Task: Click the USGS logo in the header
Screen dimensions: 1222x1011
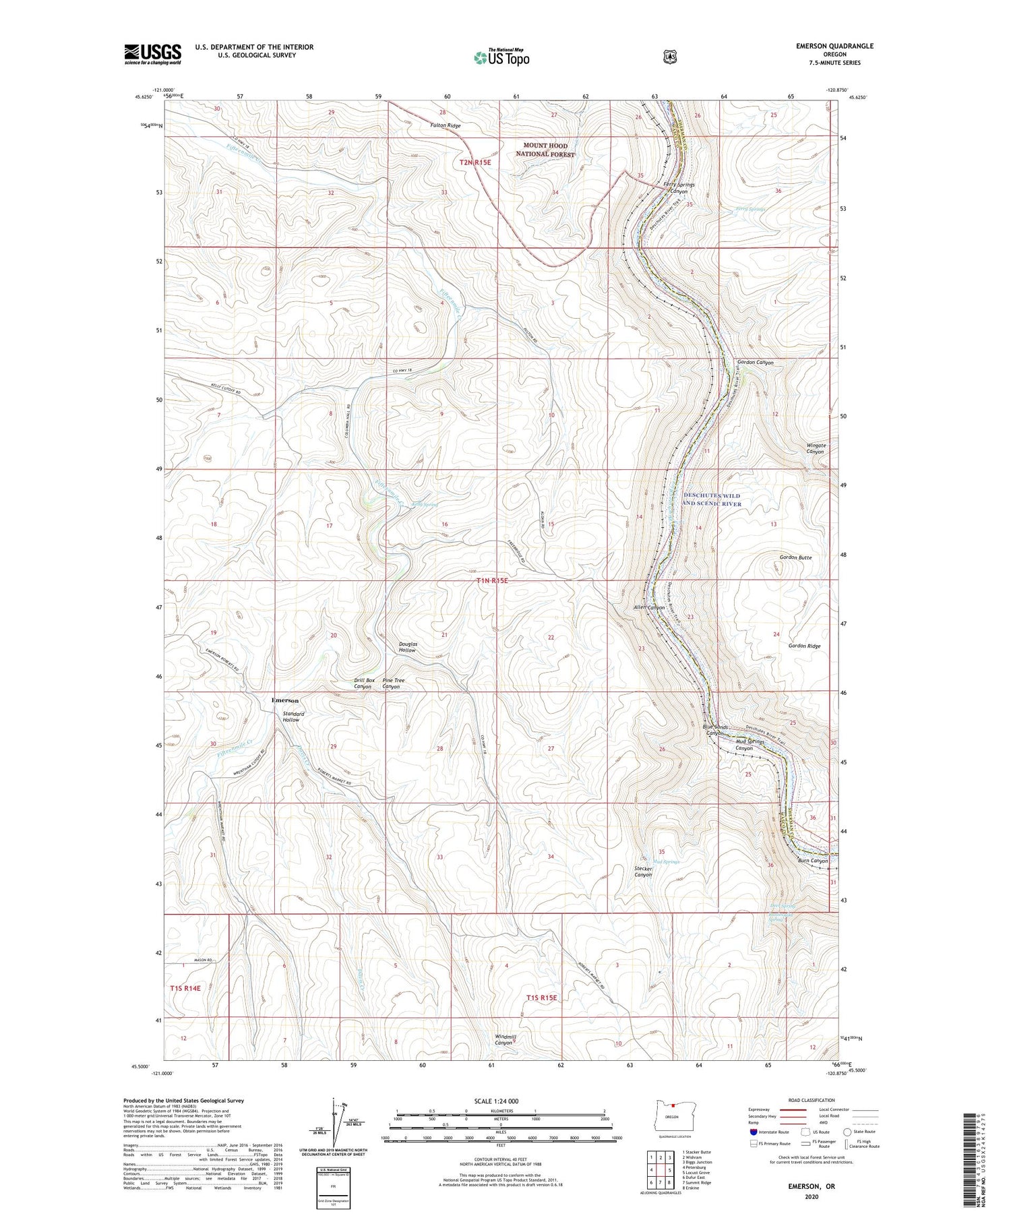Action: [152, 53]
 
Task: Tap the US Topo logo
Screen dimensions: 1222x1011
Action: [501, 57]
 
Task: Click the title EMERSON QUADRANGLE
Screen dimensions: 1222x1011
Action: [834, 46]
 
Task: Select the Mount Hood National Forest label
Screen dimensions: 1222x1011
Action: [545, 150]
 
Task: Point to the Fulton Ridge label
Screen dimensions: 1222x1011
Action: [446, 126]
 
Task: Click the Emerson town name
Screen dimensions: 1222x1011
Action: [284, 700]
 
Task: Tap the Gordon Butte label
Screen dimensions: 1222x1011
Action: [795, 557]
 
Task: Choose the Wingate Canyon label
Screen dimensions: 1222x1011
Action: [816, 448]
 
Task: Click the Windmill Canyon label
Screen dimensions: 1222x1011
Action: [505, 1039]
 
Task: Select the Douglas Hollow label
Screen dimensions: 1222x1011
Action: [407, 647]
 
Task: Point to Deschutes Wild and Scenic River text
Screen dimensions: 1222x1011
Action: [711, 499]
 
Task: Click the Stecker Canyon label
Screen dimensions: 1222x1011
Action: [643, 872]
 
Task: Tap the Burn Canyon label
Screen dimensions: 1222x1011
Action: [812, 861]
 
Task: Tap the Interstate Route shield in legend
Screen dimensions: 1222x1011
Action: [753, 1132]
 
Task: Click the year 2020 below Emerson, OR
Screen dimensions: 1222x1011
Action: [811, 1197]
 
